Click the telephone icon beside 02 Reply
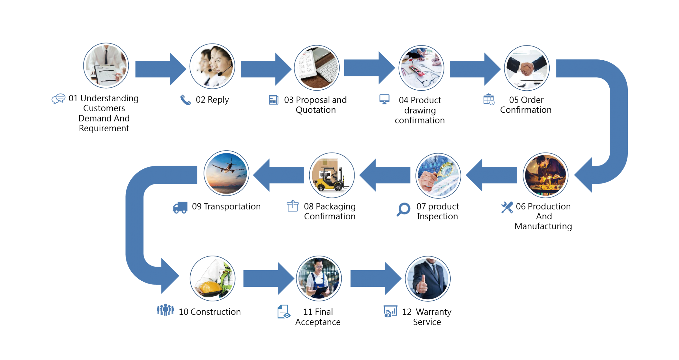pyautogui.click(x=186, y=100)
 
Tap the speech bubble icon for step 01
pyautogui.click(x=59, y=99)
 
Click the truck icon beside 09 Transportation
pyautogui.click(x=180, y=207)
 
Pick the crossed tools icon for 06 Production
pyautogui.click(x=507, y=207)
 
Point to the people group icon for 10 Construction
pyautogui.click(x=166, y=310)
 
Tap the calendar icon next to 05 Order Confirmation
pyautogui.click(x=489, y=99)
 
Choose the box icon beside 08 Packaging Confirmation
pyautogui.click(x=293, y=206)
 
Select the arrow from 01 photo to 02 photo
pyautogui.click(x=161, y=69)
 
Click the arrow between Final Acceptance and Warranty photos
pyautogui.click(x=376, y=278)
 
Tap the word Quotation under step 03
pyautogui.click(x=316, y=110)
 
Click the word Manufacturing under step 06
pyautogui.click(x=543, y=226)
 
